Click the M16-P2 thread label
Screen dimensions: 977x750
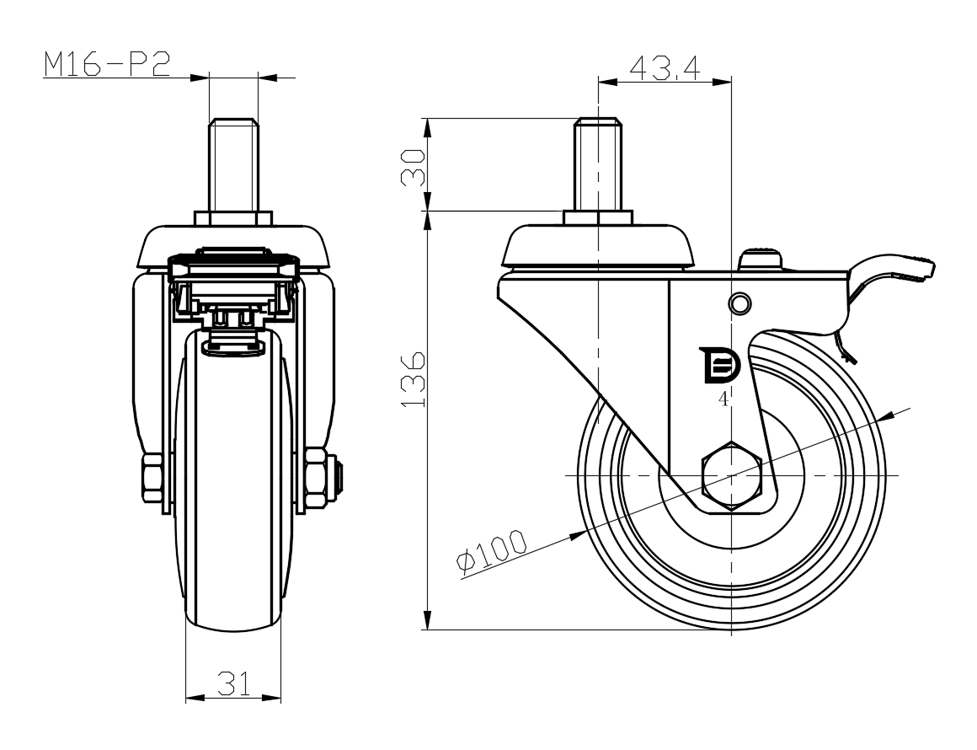coord(107,64)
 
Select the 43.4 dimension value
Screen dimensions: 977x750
coord(665,67)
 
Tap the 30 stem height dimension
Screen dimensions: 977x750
coord(413,167)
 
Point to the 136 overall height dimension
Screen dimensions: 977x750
coord(413,380)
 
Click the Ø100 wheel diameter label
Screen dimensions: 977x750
coord(492,550)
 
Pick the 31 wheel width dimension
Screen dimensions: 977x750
coord(233,683)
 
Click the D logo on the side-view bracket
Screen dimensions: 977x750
coord(719,365)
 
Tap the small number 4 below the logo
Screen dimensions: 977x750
coord(723,399)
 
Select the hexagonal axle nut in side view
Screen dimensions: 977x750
coord(732,477)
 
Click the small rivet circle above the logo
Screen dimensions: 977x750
coord(739,303)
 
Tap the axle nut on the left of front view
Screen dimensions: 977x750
coord(152,478)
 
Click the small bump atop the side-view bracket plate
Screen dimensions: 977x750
coord(761,260)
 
